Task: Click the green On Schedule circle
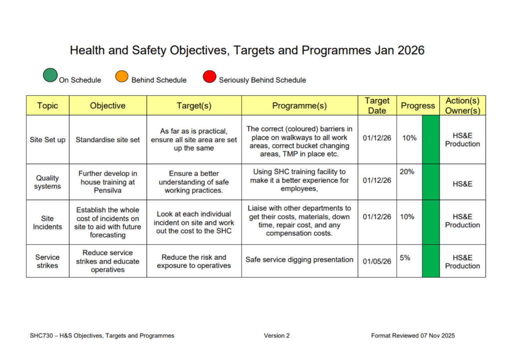tap(50, 75)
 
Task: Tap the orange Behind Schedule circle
tap(122, 76)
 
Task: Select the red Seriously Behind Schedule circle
tap(209, 77)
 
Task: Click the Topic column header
tap(47, 106)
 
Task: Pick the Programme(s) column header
tap(299, 106)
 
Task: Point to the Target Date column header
tap(377, 106)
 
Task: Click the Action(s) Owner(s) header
tap(463, 106)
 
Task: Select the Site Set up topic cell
tap(47, 140)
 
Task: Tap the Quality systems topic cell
tap(47, 182)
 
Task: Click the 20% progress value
tap(407, 172)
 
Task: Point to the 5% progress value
tap(405, 258)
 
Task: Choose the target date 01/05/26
tap(377, 261)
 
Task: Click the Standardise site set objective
tap(108, 140)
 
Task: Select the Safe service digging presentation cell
tap(299, 259)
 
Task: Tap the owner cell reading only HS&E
tap(463, 184)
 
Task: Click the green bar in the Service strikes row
tap(431, 261)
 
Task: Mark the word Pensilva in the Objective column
tap(108, 190)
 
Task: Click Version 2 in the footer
tap(276, 336)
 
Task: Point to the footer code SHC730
tap(41, 336)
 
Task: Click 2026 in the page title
tap(411, 50)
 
